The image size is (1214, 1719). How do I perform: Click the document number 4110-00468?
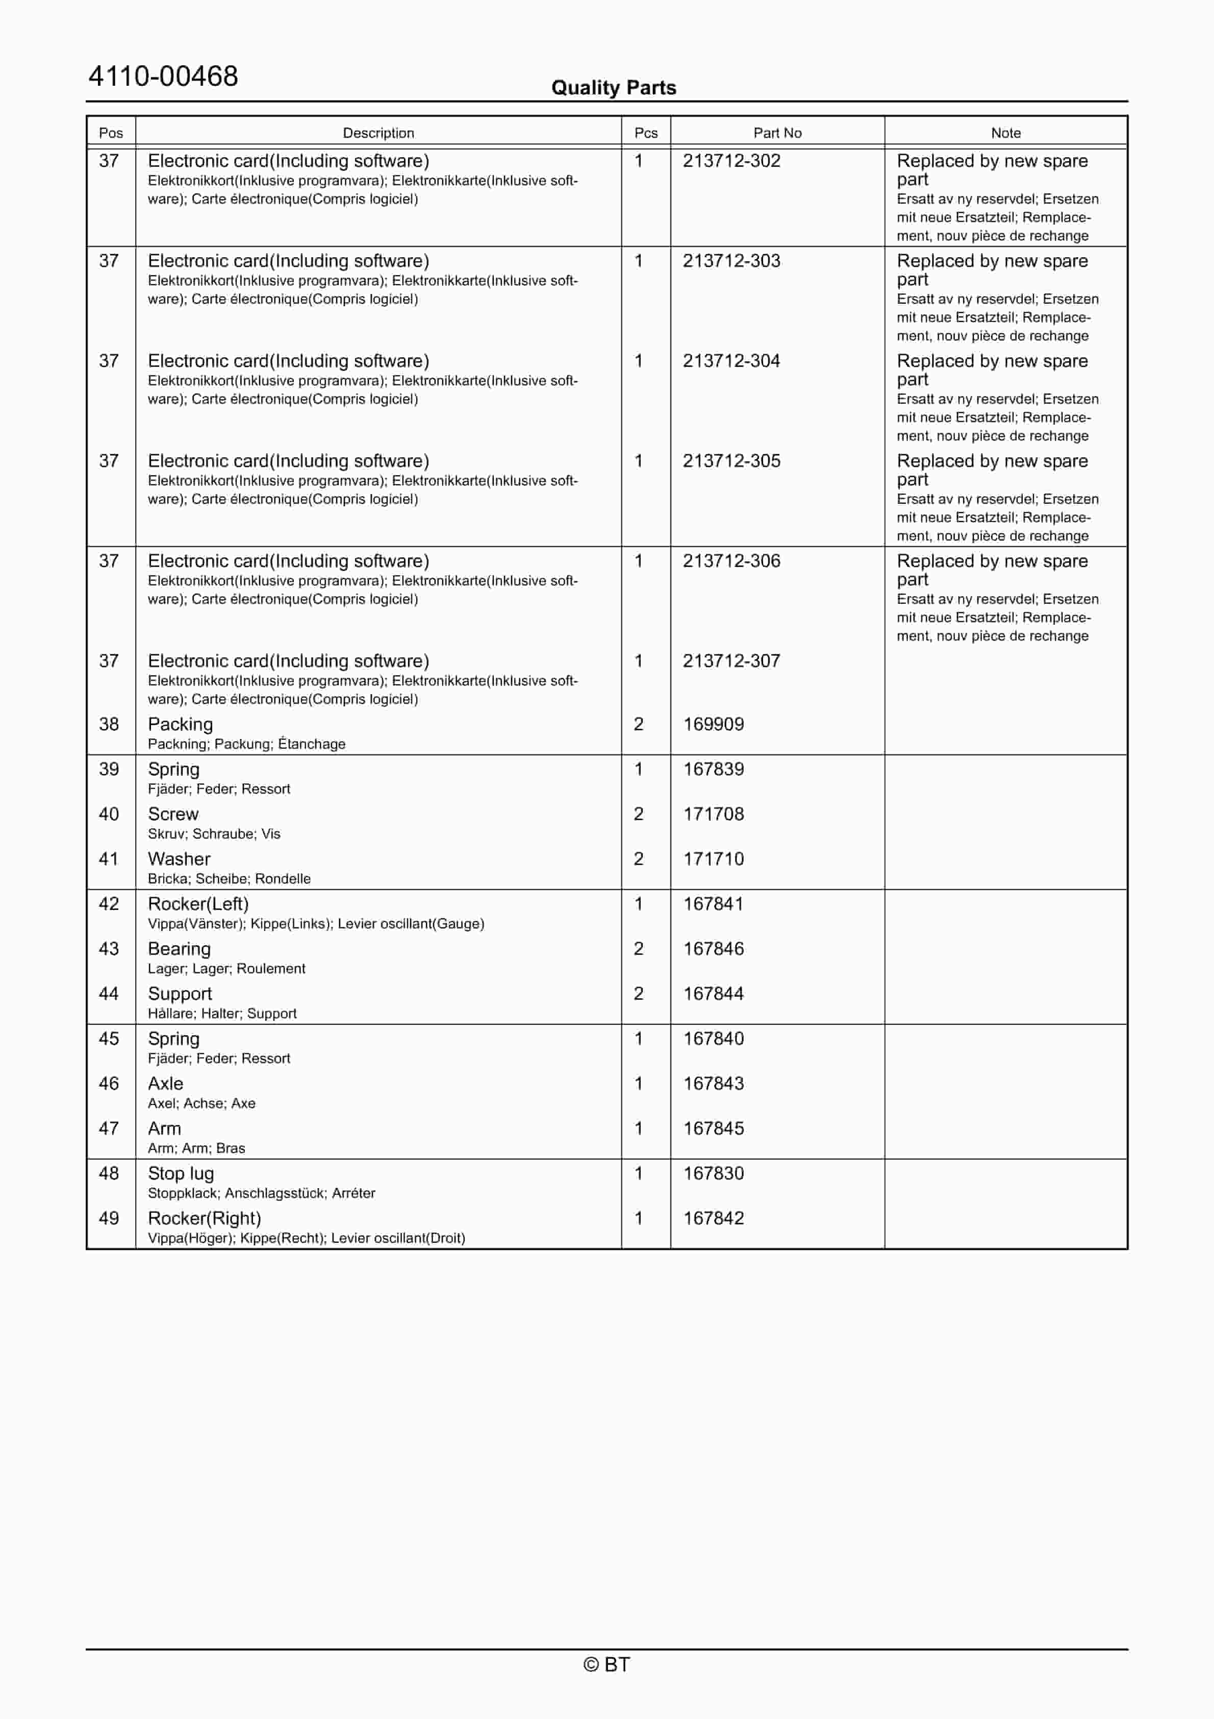click(x=163, y=77)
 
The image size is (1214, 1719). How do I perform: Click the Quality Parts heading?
click(x=613, y=88)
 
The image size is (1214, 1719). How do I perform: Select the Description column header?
click(x=378, y=133)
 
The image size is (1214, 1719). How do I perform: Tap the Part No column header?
click(x=777, y=133)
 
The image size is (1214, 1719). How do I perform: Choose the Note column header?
click(x=1005, y=133)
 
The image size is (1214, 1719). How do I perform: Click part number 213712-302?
click(x=731, y=161)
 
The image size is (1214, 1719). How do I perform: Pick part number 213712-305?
click(x=731, y=461)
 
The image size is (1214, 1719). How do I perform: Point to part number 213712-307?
click(x=731, y=661)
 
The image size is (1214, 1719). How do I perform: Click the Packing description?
click(x=181, y=725)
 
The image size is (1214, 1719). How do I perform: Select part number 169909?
click(x=713, y=725)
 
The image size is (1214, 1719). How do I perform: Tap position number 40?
click(x=109, y=815)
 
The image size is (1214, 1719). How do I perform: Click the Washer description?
click(x=179, y=859)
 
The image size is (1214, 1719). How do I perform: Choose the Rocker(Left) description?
click(x=198, y=904)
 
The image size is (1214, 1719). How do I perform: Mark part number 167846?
click(x=713, y=949)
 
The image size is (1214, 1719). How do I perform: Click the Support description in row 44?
click(x=180, y=994)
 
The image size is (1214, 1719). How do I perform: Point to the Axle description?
click(x=165, y=1084)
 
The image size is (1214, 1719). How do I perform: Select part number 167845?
click(x=713, y=1129)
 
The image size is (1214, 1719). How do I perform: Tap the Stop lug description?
click(x=181, y=1174)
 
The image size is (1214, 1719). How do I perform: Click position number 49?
click(x=109, y=1219)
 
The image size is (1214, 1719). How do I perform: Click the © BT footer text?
click(x=606, y=1664)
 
